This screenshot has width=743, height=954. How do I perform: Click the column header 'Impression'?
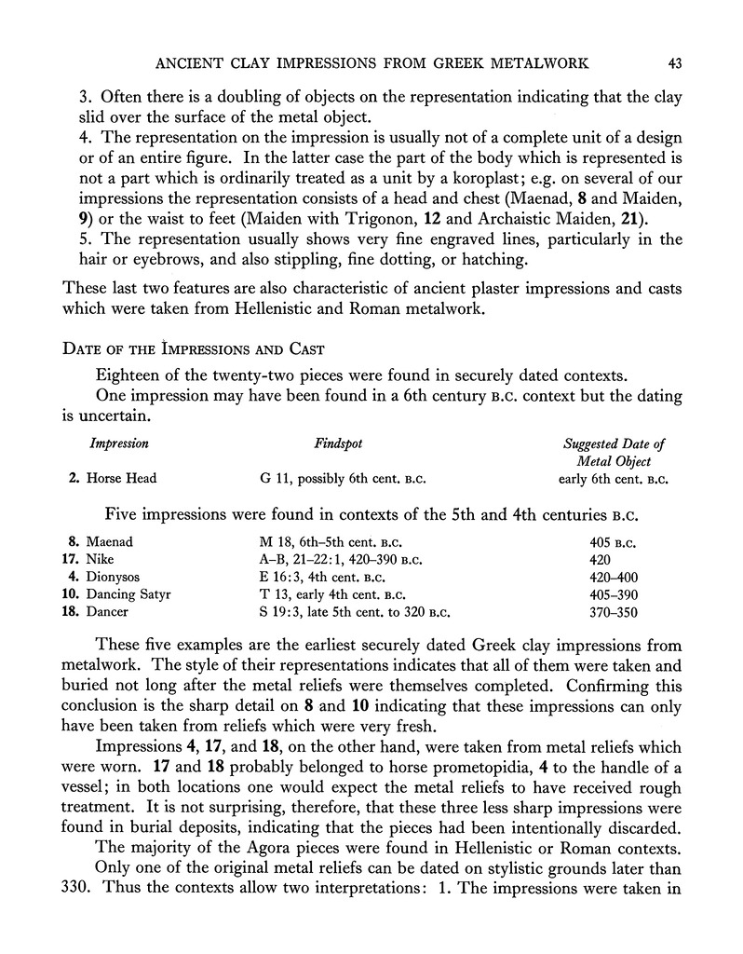119,444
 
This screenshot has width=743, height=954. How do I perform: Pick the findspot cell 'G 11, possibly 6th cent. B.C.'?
346,479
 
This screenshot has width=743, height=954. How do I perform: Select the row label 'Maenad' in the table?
110,540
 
